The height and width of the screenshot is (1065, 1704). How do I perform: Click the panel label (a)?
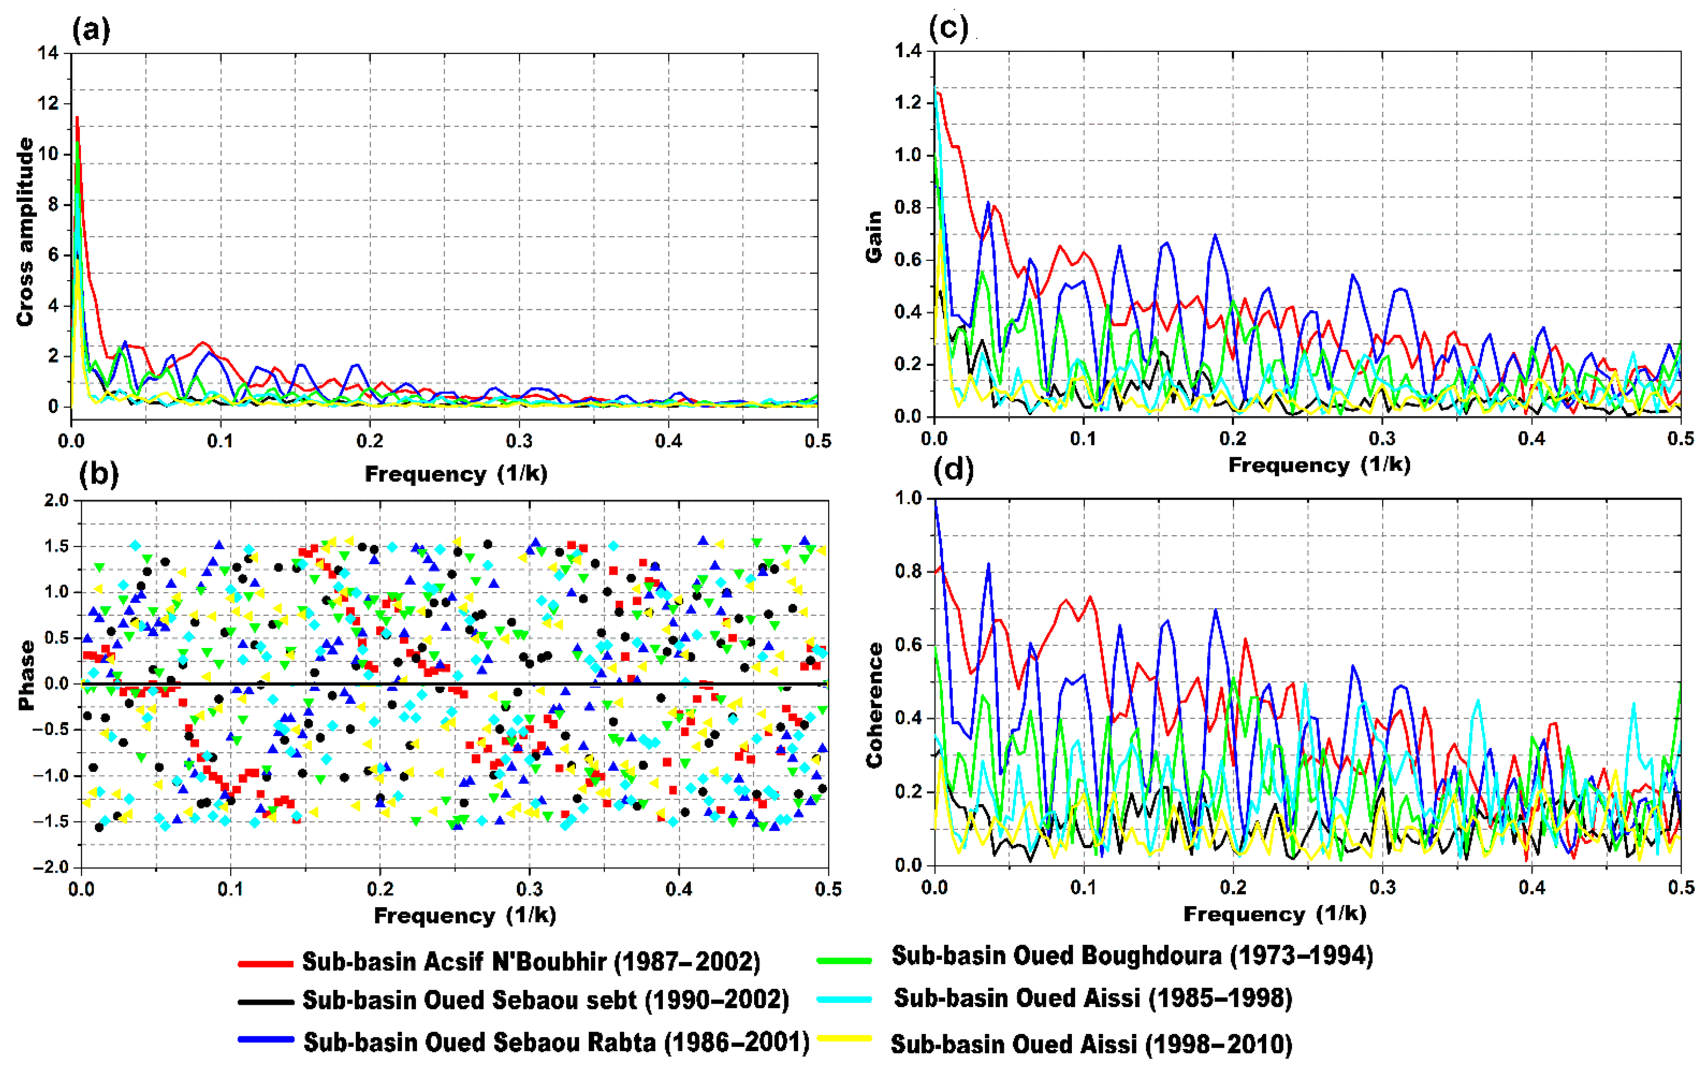click(92, 31)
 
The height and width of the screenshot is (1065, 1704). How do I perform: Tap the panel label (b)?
click(99, 474)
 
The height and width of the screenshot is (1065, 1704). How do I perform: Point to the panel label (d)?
click(953, 469)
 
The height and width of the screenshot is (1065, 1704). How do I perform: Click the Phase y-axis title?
click(27, 675)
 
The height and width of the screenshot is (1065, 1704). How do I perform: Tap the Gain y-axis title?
click(874, 236)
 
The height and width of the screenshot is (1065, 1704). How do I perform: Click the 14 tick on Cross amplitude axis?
click(49, 53)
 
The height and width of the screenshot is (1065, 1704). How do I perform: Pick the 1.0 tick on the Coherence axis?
click(908, 498)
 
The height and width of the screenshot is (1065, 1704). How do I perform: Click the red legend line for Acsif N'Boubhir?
click(266, 963)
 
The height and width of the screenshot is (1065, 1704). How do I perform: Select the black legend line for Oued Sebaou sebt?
click(266, 1001)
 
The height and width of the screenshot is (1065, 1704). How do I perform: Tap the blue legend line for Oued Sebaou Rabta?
click(266, 1040)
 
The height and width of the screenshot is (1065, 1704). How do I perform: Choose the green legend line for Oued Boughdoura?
click(844, 959)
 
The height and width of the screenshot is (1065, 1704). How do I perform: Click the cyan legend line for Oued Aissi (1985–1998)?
click(844, 999)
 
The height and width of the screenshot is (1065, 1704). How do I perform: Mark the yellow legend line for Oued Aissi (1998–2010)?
click(844, 1038)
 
